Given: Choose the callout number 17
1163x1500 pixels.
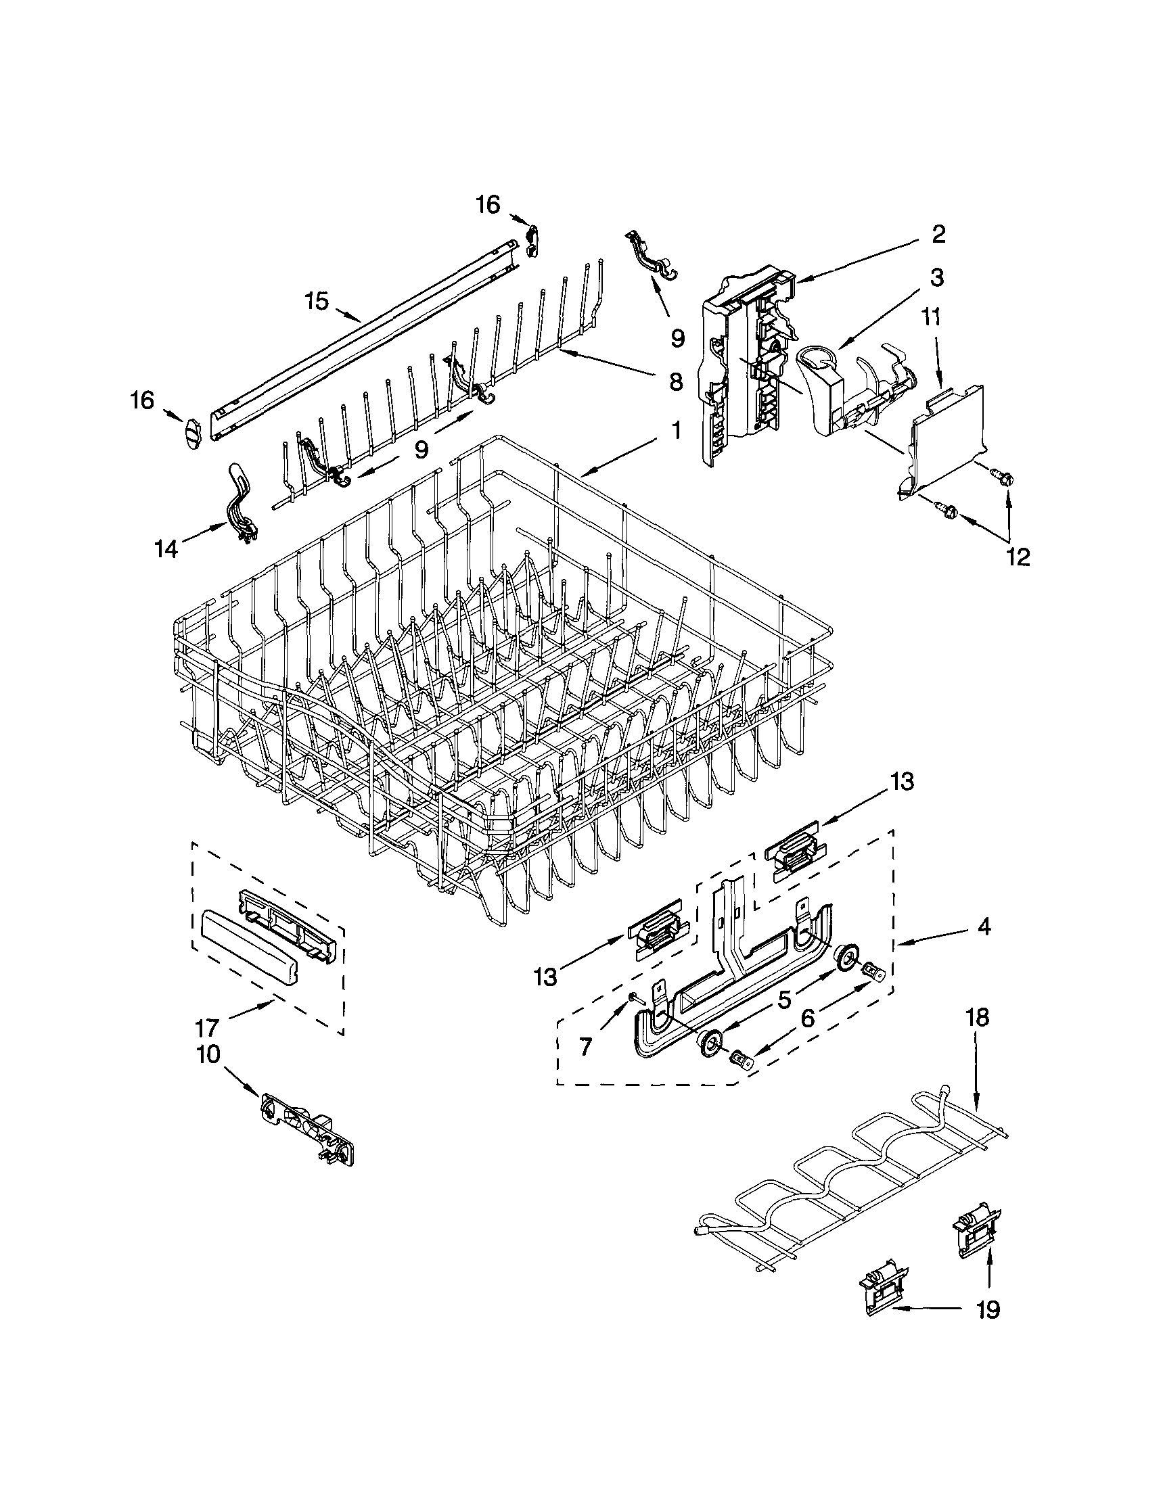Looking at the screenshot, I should pos(206,1027).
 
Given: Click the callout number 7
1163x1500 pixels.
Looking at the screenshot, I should pos(585,1047).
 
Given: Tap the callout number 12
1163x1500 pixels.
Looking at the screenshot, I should pos(1018,557).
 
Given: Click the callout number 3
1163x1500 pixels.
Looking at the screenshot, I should pos(936,277).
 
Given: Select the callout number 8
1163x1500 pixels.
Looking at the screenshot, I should pos(675,381).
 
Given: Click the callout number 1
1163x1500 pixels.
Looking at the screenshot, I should pos(675,431).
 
